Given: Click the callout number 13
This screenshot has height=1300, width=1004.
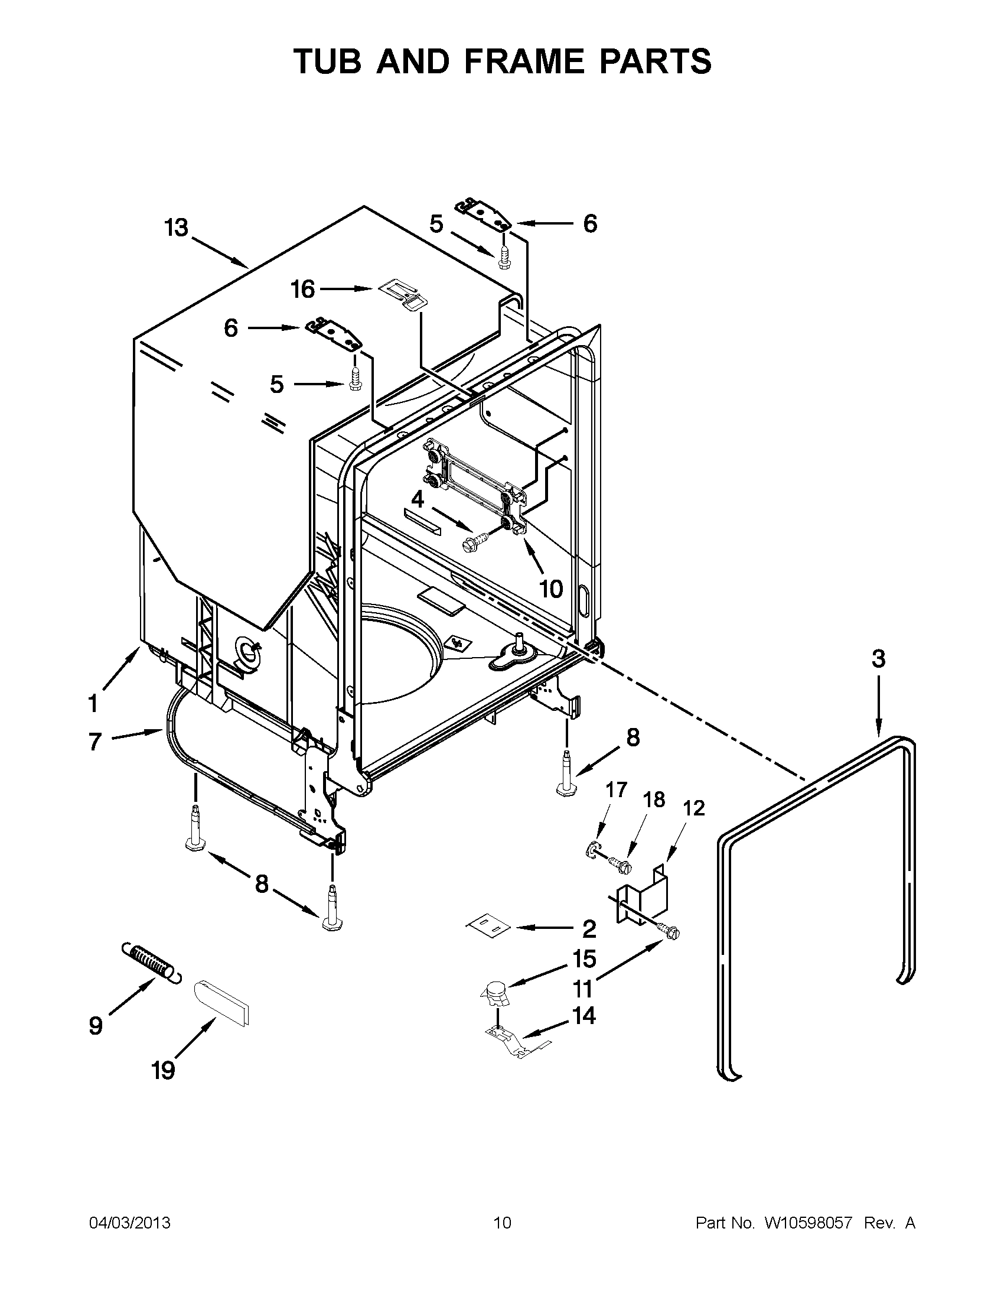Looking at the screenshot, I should coord(176,227).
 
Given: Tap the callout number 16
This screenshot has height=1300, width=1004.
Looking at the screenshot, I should coord(302,290).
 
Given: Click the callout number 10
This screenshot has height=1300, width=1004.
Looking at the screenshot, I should coord(551,589).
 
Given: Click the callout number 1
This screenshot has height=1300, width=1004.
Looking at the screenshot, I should coord(93,704).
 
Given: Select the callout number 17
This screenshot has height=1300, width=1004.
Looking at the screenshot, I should coord(615,790).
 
